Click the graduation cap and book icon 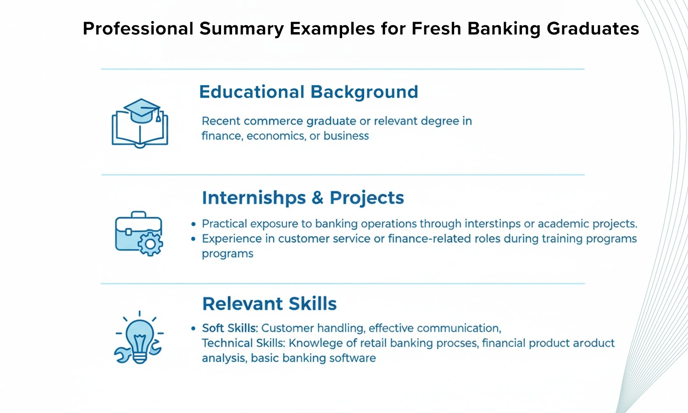(140, 123)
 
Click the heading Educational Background (309, 92)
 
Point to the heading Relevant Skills (269, 304)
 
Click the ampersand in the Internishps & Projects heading (317, 198)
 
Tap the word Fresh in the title (436, 28)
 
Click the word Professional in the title (138, 28)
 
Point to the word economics (276, 136)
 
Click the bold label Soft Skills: (230, 328)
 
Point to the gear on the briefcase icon (150, 244)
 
